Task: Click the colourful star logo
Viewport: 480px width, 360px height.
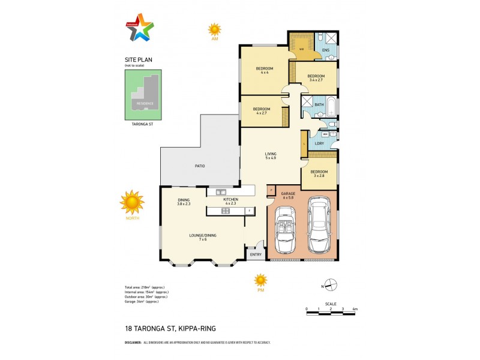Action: click(140, 27)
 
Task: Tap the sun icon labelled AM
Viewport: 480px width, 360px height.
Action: click(214, 29)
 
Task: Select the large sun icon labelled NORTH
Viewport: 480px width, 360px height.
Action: click(132, 202)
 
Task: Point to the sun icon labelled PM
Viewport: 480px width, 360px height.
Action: click(260, 280)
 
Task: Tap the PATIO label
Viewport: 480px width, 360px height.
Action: click(199, 166)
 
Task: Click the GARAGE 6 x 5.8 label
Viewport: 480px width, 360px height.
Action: click(288, 195)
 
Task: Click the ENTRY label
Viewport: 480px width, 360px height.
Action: click(256, 254)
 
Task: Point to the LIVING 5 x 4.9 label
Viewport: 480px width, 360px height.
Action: click(271, 156)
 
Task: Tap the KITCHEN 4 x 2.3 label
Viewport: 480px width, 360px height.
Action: click(230, 200)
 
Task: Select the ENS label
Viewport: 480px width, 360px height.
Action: click(325, 50)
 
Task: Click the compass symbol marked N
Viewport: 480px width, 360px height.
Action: click(331, 285)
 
